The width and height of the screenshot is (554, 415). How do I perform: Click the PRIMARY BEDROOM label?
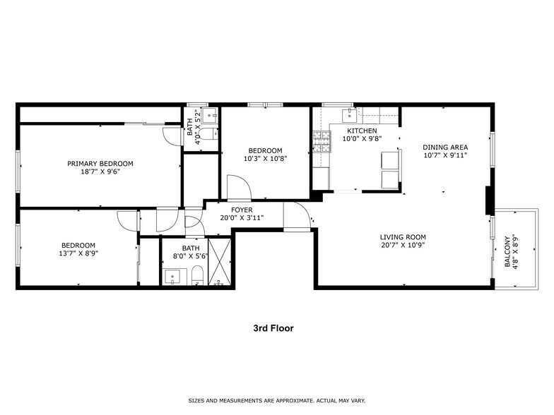click(100, 163)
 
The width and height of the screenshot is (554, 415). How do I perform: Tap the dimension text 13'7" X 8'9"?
click(78, 253)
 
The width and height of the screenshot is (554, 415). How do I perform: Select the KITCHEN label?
click(361, 131)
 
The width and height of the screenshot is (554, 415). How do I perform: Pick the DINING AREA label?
click(445, 147)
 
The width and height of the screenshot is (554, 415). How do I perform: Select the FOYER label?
click(242, 210)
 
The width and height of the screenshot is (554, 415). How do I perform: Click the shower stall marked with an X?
click(220, 261)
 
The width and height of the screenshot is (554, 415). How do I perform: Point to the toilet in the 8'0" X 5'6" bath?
click(197, 276)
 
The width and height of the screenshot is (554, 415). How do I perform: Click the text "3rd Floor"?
click(273, 328)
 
